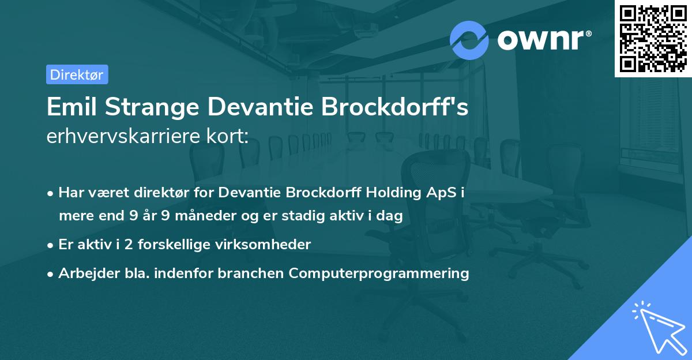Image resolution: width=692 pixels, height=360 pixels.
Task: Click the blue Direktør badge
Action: [77, 74]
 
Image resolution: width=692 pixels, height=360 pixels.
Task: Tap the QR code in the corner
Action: [653, 38]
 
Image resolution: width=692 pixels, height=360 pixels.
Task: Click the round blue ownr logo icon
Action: [469, 40]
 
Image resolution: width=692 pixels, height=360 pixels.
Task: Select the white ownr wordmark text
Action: [544, 40]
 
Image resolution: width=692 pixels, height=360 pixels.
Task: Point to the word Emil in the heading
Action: [72, 107]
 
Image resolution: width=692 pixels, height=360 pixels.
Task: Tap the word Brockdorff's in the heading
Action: [395, 107]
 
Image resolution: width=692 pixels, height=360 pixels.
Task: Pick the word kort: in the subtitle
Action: [227, 136]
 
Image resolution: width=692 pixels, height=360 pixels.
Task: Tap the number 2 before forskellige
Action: [129, 245]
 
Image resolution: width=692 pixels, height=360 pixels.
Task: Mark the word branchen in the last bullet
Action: [250, 273]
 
